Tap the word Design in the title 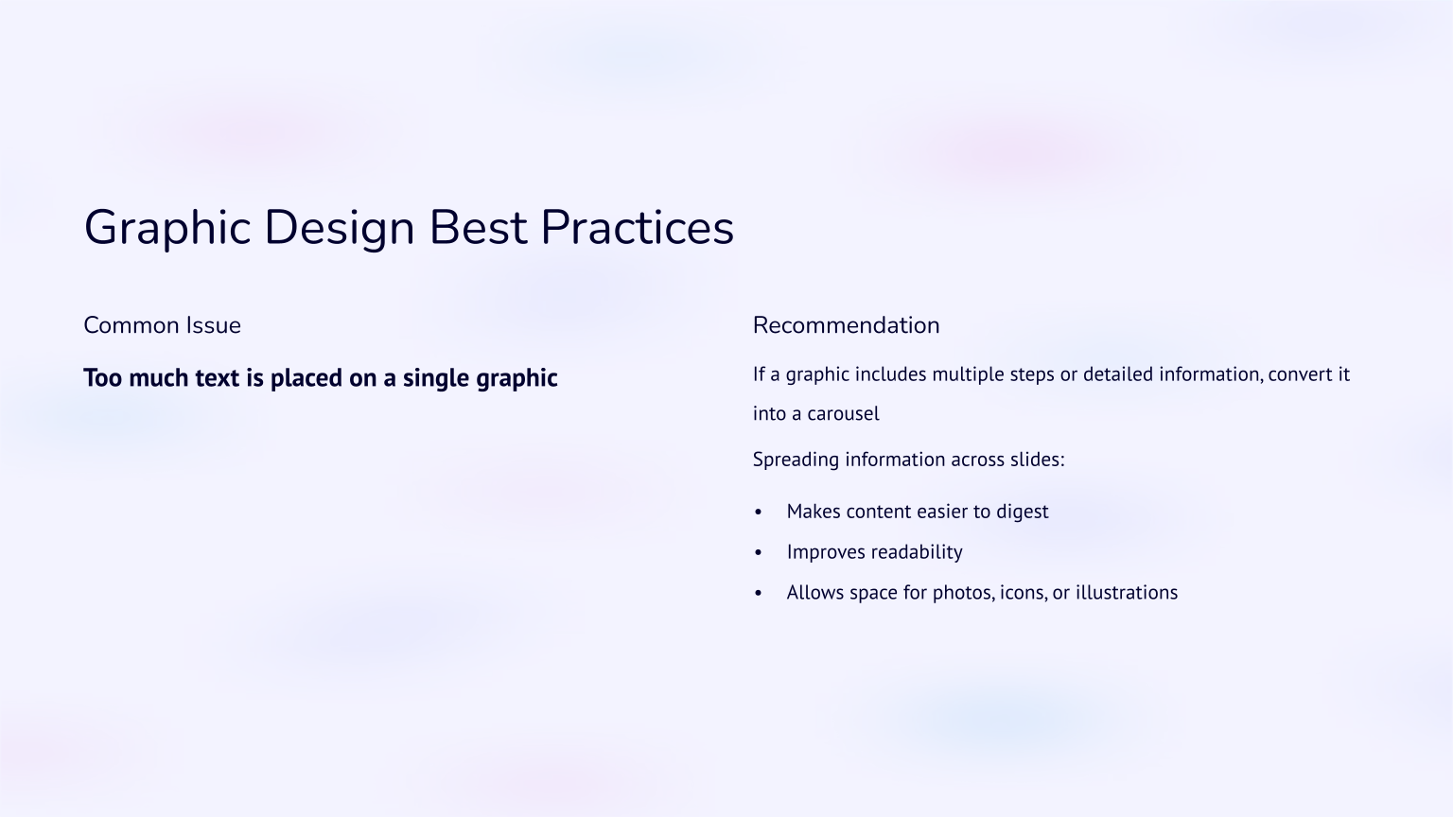coord(339,229)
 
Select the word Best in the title coord(477,228)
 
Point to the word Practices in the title coord(637,228)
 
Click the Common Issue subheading coord(162,325)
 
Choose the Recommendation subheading coord(846,325)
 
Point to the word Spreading coord(796,460)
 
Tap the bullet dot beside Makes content coord(759,513)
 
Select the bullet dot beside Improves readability coord(759,553)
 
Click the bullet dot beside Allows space coord(759,594)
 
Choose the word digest coord(1022,512)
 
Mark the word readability coord(917,552)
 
